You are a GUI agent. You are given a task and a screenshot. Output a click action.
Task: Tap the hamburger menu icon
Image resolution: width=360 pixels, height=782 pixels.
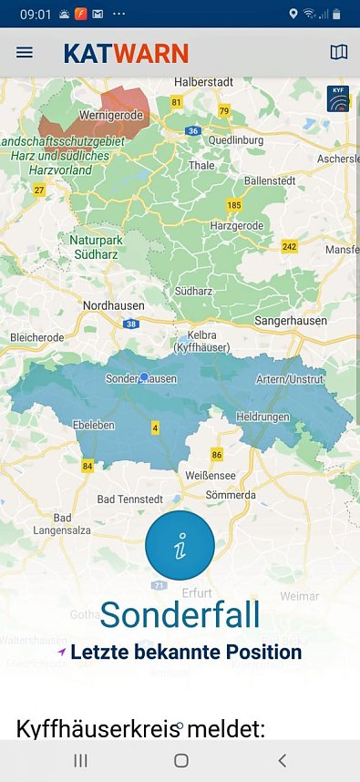tap(25, 53)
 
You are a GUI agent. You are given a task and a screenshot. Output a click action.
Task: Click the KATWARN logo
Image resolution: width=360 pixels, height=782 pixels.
tap(126, 53)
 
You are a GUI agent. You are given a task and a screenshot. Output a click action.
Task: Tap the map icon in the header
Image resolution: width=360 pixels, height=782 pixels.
tap(338, 53)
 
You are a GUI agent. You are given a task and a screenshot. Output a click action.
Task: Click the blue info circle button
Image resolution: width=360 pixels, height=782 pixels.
tap(180, 545)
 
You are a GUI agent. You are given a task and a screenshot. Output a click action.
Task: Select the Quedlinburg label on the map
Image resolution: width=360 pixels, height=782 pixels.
tap(233, 141)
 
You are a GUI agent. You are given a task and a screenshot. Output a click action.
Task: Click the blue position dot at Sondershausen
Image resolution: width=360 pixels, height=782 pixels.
tap(143, 376)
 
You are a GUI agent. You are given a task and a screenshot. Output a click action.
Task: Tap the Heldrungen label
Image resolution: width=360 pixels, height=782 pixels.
tap(262, 417)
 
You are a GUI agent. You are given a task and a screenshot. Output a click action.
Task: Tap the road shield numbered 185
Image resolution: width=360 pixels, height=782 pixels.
tap(234, 205)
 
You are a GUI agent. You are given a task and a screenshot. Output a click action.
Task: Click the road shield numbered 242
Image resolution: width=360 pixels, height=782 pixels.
tap(290, 247)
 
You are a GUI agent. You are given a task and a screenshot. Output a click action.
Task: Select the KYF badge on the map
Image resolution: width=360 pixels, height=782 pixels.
tap(337, 98)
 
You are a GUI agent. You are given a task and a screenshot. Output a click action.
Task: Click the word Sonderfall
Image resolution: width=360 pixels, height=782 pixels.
tap(180, 614)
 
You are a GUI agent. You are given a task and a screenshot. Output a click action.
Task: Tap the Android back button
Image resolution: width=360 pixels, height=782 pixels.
tap(282, 760)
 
